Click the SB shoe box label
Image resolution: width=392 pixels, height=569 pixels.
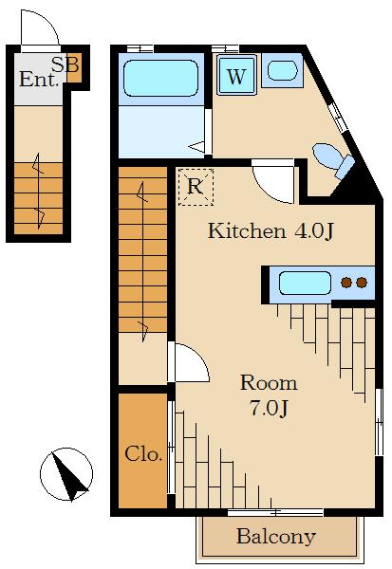(65, 64)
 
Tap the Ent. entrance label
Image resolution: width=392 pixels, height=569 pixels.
(39, 80)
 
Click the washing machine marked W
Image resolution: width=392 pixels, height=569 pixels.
(236, 76)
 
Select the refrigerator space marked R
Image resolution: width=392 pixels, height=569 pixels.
(196, 187)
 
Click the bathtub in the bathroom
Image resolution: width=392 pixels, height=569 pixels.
(161, 79)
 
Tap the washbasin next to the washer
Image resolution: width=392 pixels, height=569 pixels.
(282, 70)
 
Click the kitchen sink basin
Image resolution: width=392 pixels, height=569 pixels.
(306, 283)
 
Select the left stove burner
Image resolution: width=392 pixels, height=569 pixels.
(346, 283)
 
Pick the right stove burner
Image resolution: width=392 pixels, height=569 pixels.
(362, 283)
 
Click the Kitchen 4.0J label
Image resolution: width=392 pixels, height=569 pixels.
(271, 230)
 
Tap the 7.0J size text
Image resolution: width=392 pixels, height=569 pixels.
(269, 408)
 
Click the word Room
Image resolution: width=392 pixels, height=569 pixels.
(269, 383)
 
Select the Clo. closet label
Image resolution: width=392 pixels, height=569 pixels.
(143, 453)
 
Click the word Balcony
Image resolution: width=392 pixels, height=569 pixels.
(276, 537)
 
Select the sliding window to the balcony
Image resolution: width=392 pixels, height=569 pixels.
(275, 512)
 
